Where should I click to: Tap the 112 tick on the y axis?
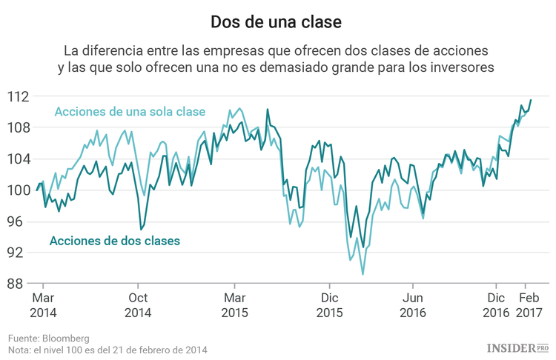(x=18, y=96)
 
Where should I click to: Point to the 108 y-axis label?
(x=18, y=127)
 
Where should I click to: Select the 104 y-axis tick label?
(x=18, y=159)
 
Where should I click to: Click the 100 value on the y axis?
(x=18, y=190)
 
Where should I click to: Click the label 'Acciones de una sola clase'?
(x=130, y=112)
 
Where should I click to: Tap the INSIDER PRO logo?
(x=517, y=347)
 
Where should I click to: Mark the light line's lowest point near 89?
(x=363, y=274)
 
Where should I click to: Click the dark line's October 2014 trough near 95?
(x=141, y=230)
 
